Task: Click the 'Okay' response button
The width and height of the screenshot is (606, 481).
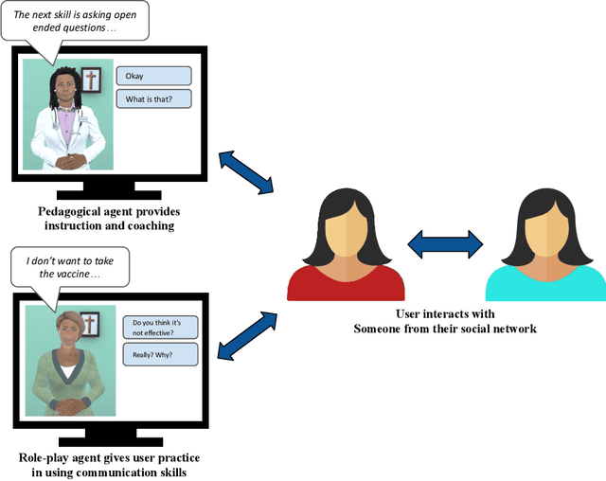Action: pos(153,76)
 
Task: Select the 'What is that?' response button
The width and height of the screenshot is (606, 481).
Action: pos(153,98)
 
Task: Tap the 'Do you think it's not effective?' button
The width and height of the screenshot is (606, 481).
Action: pos(160,328)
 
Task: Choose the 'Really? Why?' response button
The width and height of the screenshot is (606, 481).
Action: pos(160,354)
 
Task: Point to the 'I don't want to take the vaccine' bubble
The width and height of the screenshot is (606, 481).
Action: pos(67,266)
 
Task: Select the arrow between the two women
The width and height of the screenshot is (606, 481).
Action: pos(445,244)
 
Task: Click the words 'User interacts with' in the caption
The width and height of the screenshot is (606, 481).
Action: pos(443,313)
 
